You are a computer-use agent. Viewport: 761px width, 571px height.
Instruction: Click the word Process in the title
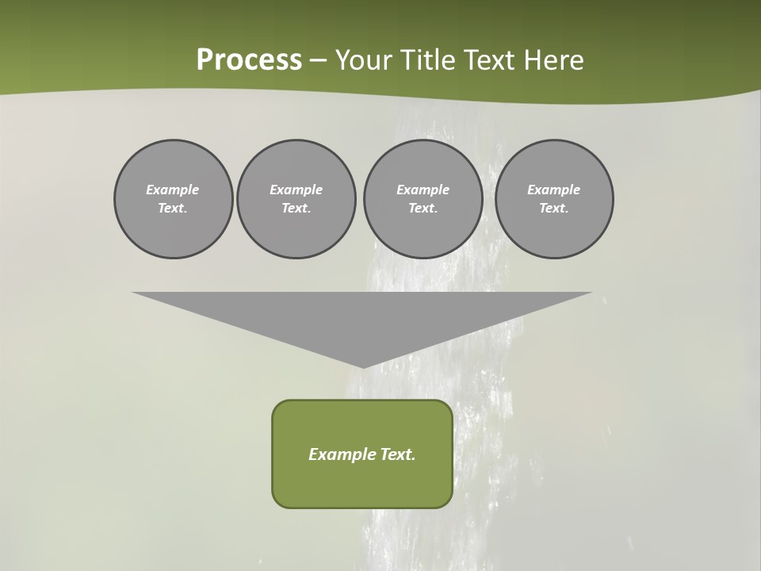(x=249, y=60)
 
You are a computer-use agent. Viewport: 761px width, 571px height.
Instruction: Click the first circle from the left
(x=173, y=199)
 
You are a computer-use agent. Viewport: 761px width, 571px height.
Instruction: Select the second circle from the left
(x=296, y=199)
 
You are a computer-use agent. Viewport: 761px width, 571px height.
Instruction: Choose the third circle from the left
(x=423, y=199)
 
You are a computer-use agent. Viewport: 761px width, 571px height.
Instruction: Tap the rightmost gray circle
(x=554, y=199)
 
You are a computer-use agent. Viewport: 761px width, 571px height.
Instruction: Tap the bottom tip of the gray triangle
(x=362, y=366)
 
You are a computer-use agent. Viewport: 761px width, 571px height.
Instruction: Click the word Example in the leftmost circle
(x=173, y=190)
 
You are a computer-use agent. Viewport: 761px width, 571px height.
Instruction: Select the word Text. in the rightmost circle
(x=554, y=209)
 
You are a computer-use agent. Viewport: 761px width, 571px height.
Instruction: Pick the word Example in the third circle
(x=423, y=190)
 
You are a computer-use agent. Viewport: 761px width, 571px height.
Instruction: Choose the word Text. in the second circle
(x=296, y=209)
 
